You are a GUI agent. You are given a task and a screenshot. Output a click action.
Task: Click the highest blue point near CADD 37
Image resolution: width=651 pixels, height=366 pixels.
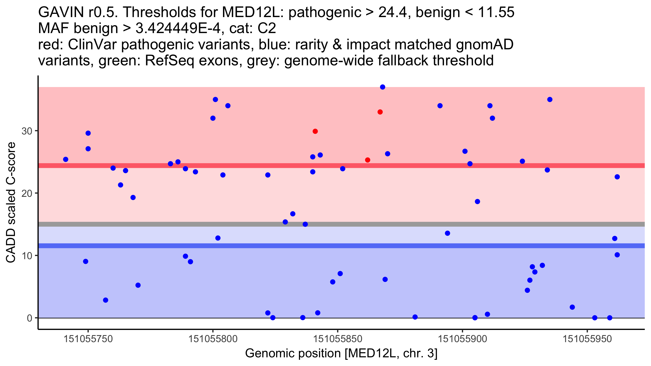[x=382, y=87]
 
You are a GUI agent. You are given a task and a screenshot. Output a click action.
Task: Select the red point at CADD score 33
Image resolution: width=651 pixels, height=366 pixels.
[x=380, y=112]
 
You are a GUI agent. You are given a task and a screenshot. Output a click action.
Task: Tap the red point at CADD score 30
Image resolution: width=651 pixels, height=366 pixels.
[x=315, y=131]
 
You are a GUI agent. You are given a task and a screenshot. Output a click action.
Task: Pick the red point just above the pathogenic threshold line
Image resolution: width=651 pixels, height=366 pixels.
[x=368, y=160]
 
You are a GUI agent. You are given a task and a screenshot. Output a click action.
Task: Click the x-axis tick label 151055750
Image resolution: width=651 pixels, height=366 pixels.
[x=88, y=339]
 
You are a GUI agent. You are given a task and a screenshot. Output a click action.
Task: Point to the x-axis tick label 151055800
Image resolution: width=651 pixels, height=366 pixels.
[x=213, y=339]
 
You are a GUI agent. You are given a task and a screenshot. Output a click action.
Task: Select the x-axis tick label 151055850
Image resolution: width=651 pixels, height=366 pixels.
[x=338, y=339]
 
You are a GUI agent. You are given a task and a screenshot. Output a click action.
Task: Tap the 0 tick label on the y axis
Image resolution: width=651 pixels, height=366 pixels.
[x=29, y=318]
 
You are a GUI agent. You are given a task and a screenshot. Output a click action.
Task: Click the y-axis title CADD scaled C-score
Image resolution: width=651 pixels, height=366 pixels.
[x=11, y=203]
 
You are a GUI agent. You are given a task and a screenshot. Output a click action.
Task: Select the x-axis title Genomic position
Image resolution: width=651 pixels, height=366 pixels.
[x=341, y=353]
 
